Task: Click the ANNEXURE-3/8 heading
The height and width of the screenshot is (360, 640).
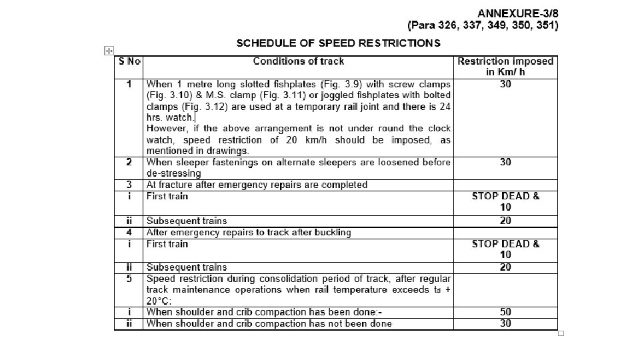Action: [518, 13]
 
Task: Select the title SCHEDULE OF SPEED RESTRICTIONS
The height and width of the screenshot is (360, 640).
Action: [338, 43]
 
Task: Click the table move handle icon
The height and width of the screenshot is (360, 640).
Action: [109, 51]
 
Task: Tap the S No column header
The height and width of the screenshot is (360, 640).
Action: [129, 61]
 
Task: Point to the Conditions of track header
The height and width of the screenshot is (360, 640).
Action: [298, 61]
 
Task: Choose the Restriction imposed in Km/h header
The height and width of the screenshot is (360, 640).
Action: [505, 66]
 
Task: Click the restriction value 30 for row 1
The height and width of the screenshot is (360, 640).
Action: [505, 85]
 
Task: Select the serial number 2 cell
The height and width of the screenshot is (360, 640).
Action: [129, 162]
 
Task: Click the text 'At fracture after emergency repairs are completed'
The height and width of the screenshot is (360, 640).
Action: [257, 185]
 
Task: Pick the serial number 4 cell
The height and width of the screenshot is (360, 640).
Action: [129, 233]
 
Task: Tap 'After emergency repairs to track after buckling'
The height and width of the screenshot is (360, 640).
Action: [249, 233]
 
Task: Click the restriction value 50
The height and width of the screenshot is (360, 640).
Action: [505, 312]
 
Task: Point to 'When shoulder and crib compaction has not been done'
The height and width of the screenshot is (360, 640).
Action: [269, 324]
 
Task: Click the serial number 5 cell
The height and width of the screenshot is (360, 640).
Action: [129, 279]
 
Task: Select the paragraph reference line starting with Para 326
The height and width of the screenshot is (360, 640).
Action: [483, 25]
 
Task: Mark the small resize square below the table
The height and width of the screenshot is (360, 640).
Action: [561, 333]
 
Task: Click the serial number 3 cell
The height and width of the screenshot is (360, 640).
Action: [129, 185]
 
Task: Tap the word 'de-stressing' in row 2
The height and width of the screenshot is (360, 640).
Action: [173, 173]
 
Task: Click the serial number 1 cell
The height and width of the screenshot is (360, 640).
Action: [129, 85]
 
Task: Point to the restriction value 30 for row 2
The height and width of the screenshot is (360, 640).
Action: [505, 162]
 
